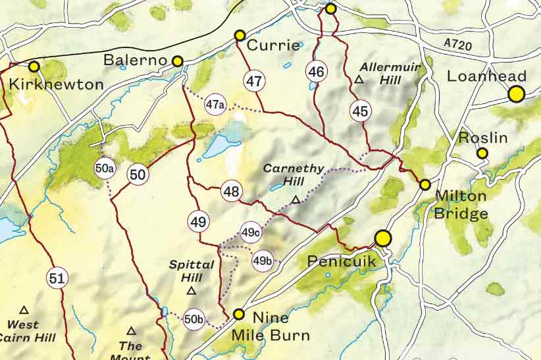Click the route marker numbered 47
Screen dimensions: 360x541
coord(254,81)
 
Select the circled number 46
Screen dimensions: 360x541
coord(317,71)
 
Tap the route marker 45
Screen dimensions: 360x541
coord(360,111)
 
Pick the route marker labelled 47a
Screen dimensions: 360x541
coord(215,104)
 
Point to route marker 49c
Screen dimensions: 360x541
coord(251,232)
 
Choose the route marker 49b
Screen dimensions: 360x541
coord(262,261)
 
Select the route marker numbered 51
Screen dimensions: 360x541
coord(57,278)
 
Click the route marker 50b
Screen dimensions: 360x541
coord(193,319)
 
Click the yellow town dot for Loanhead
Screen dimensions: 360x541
coord(517,94)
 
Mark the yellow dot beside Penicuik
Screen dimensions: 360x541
coord(383,238)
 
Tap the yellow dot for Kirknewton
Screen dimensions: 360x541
coord(34,66)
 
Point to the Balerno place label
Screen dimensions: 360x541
coord(136,61)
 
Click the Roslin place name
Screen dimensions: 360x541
coord(483,138)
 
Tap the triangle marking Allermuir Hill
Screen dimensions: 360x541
coord(359,80)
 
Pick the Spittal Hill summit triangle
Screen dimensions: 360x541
coord(192,290)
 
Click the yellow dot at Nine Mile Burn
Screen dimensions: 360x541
coord(239,315)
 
